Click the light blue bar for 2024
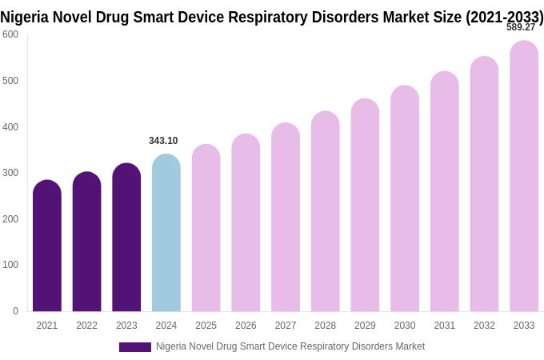point(166,233)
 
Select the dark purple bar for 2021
point(47,246)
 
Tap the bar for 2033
point(524,176)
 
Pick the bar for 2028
point(326,211)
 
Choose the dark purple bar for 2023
point(126,238)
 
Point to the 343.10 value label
point(163,141)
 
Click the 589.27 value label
point(521,27)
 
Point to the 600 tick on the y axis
point(10,34)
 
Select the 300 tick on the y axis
point(10,173)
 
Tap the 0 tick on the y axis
point(15,311)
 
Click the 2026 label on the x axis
point(246,326)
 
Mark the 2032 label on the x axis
point(484,326)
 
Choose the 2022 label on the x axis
point(86,326)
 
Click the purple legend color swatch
point(134,347)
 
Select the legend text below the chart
point(290,346)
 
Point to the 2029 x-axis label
point(365,326)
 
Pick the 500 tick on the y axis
point(10,81)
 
